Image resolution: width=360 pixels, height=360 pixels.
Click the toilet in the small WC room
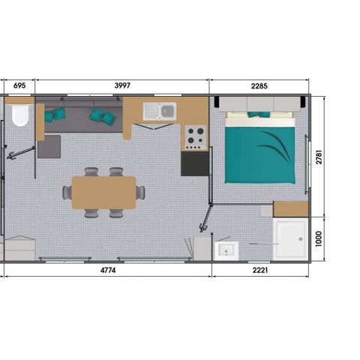click(x=20, y=114)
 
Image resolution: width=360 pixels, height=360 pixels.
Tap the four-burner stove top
click(x=196, y=136)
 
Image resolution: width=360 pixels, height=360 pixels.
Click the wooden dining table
click(x=104, y=192)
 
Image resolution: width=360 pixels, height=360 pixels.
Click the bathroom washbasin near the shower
click(x=224, y=249)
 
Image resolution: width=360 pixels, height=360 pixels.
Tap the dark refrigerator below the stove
click(x=193, y=163)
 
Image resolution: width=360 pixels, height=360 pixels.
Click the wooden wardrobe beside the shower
click(x=291, y=208)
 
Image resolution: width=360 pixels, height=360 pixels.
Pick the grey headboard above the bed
click(x=259, y=103)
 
